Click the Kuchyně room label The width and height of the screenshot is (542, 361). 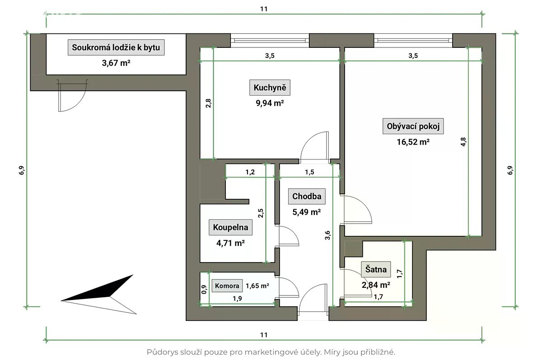269,88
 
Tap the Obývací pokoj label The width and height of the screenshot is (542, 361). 413,127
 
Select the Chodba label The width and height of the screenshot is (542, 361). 307,196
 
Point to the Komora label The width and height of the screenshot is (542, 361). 227,286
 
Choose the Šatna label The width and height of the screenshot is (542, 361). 376,270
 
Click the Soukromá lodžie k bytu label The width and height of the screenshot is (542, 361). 116,47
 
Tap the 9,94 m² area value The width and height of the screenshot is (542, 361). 269,103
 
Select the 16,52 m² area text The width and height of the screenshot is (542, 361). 413,142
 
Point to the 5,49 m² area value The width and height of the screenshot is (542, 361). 307,211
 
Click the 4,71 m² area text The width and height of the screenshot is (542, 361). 231,243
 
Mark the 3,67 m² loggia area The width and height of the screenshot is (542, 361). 116,63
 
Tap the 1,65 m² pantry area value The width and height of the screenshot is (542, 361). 257,286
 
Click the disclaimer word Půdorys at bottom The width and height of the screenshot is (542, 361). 161,352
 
